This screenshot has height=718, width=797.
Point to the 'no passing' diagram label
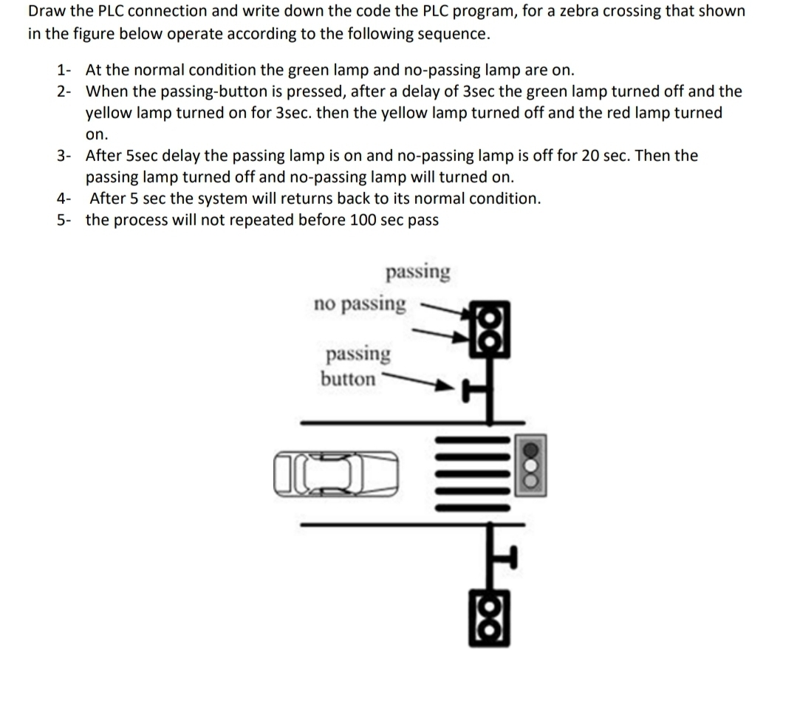pos(360,304)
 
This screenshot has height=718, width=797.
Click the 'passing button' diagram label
pos(353,366)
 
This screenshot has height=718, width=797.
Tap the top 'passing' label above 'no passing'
pos(417,272)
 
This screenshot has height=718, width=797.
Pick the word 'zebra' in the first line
pos(582,12)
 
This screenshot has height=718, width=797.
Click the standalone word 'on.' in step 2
pos(97,135)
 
